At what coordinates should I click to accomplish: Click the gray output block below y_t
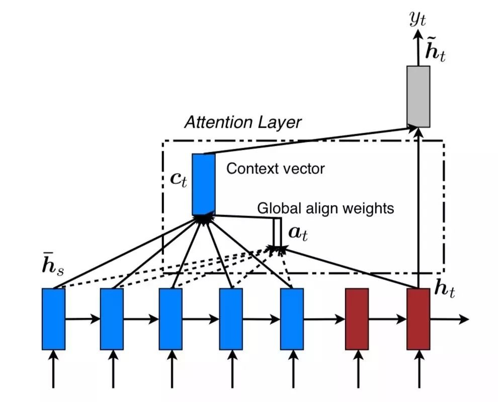click(418, 96)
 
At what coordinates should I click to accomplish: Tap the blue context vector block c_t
click(203, 184)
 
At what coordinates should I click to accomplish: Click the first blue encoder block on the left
click(53, 319)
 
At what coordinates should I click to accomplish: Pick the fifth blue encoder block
click(292, 319)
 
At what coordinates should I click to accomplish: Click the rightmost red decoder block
click(418, 319)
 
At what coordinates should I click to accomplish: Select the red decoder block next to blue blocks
click(357, 319)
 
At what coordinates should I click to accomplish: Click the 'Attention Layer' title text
click(242, 122)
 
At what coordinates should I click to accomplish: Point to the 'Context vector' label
click(275, 168)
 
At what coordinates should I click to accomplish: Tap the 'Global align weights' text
click(325, 208)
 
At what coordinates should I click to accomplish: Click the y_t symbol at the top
click(418, 20)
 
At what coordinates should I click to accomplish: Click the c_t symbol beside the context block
click(179, 180)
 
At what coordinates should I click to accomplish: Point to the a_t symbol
click(297, 232)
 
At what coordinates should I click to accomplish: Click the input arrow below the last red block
click(418, 369)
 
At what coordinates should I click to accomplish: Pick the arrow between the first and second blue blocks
click(82, 319)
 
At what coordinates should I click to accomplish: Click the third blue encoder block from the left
click(171, 319)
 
